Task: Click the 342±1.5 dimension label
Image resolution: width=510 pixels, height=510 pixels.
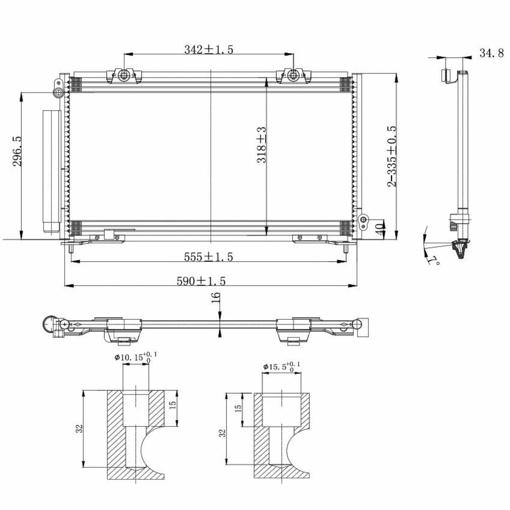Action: point(209,49)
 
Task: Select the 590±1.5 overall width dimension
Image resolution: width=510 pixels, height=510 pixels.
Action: point(201,281)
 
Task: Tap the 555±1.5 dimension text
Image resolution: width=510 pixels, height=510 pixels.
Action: point(209,257)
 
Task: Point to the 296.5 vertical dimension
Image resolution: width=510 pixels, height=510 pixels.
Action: point(17,151)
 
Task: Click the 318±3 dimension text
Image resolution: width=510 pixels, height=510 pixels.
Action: point(261,144)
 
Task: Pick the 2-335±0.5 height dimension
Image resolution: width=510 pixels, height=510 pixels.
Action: point(392,156)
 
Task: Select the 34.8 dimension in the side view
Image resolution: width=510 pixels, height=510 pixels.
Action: point(491,53)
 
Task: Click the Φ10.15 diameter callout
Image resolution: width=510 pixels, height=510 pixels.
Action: point(136,357)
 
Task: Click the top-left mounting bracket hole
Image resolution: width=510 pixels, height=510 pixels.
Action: point(123,76)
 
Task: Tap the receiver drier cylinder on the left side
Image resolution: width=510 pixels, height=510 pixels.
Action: point(51,172)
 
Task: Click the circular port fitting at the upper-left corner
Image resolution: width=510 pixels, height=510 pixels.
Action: point(58,92)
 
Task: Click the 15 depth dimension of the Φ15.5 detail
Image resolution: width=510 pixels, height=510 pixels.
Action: point(238,408)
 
